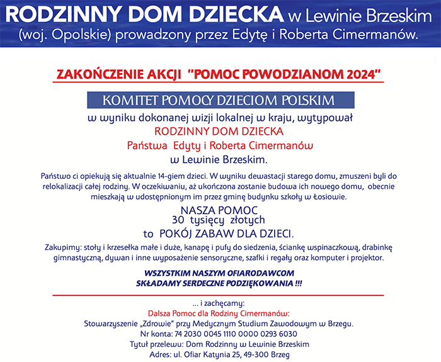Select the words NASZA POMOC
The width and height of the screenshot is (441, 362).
pyautogui.click(x=220, y=210)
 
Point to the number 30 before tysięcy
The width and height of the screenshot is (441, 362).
pyautogui.click(x=179, y=220)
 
